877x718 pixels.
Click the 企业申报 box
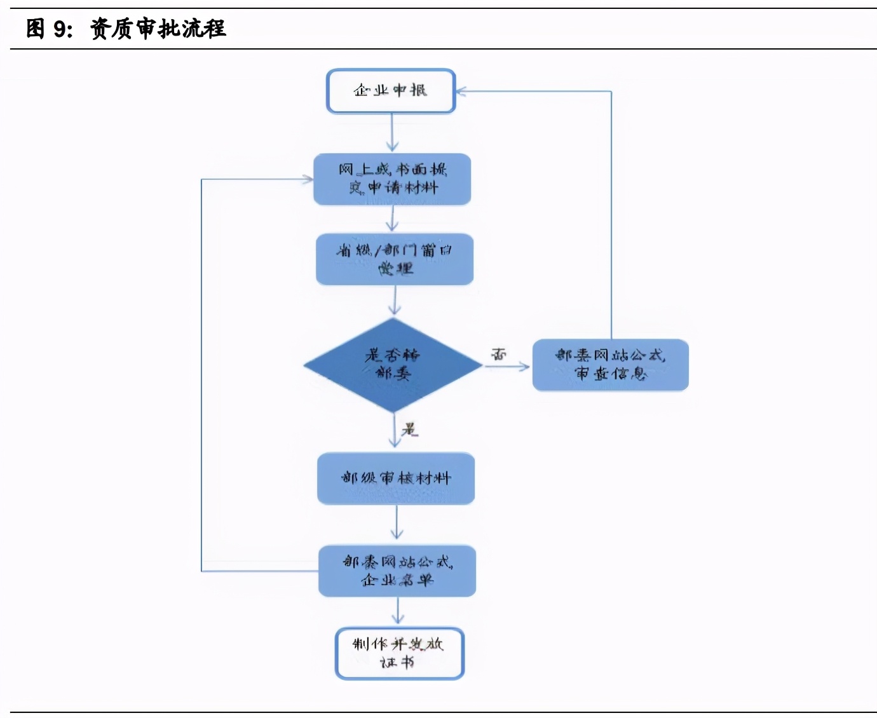(391, 91)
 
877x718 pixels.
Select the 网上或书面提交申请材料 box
(392, 179)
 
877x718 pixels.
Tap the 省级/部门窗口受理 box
(395, 259)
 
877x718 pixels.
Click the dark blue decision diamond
(393, 365)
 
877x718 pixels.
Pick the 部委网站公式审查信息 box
(610, 365)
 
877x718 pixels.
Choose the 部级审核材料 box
(396, 478)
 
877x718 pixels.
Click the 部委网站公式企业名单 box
(397, 571)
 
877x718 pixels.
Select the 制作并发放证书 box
(399, 653)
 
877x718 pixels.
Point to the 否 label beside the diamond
(499, 354)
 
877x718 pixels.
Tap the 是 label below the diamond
(410, 430)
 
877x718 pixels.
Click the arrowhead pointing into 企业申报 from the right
(461, 91)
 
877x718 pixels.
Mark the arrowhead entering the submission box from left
(308, 179)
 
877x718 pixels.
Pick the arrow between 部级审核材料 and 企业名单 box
(397, 523)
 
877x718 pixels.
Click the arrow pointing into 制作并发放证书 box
(398, 612)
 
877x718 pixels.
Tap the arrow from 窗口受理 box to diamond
(395, 301)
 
